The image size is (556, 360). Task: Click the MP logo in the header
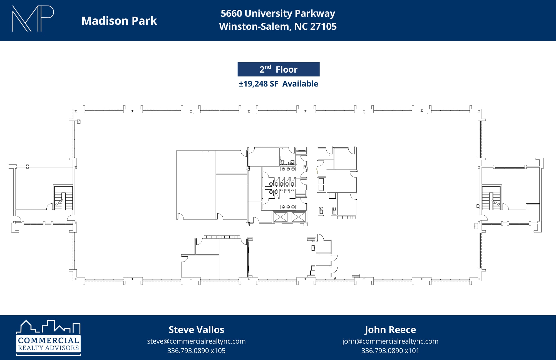tap(33, 19)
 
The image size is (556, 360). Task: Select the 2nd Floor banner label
tap(278, 69)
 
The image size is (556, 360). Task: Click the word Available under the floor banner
tap(300, 84)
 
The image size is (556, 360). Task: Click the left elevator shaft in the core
tap(281, 217)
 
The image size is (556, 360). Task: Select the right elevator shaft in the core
tap(298, 217)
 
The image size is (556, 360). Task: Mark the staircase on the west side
tap(63, 198)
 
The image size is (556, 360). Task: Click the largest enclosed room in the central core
tap(196, 185)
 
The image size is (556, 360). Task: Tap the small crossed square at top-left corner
tap(79, 122)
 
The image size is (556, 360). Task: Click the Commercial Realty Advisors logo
tap(48, 338)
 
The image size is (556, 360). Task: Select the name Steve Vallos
tap(196, 330)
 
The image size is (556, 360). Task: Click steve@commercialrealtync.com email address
tap(196, 341)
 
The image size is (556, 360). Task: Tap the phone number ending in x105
tap(196, 351)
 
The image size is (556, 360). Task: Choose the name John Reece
tap(390, 330)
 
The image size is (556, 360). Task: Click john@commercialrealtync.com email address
tap(390, 341)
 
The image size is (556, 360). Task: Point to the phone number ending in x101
tap(390, 351)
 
